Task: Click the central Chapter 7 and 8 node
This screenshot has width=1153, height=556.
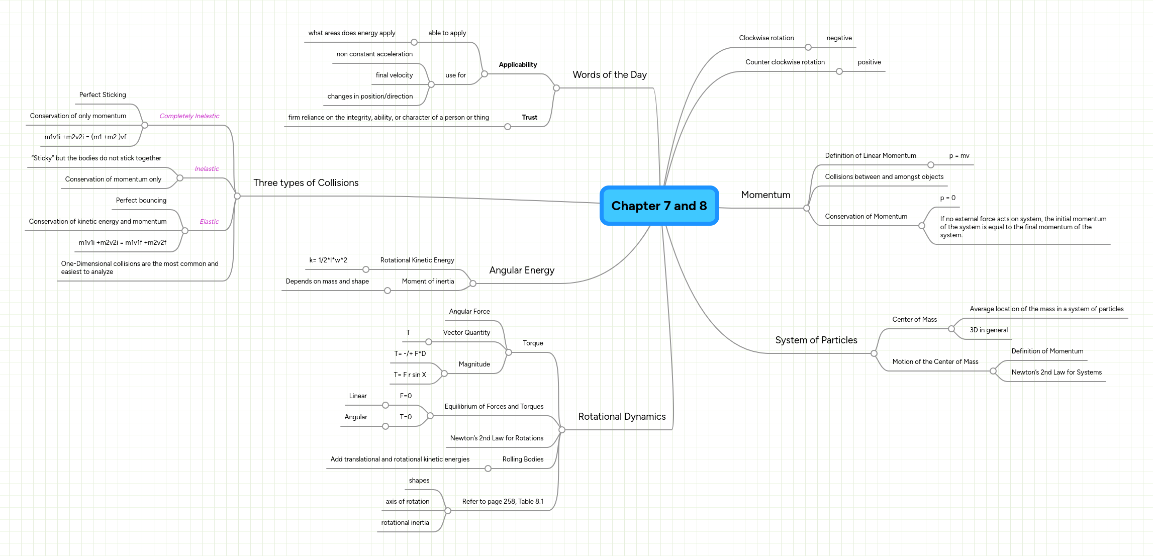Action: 659,206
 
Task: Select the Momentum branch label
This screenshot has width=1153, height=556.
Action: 765,195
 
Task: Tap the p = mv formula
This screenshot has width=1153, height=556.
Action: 959,156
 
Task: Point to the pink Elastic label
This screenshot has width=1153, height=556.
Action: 209,222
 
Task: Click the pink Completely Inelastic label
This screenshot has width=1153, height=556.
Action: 189,116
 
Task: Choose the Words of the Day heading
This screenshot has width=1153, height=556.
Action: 609,75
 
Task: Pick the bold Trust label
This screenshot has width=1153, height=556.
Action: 529,118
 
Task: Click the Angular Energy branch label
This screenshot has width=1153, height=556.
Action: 522,270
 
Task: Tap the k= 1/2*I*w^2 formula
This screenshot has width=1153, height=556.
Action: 328,260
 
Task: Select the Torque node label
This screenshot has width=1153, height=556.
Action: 533,343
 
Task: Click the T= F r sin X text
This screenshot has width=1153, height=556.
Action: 410,375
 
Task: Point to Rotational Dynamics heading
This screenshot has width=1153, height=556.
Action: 622,417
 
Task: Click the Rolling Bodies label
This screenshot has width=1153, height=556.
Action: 523,459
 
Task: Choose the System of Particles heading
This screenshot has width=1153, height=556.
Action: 816,340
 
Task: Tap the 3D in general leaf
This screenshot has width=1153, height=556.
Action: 988,330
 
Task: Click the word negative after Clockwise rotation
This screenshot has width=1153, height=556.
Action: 839,38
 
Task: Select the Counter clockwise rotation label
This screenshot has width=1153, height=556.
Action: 785,62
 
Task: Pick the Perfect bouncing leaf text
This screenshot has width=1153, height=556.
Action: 141,201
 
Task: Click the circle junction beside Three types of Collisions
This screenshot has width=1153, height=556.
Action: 237,196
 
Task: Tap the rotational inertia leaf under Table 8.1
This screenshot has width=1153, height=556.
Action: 405,523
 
